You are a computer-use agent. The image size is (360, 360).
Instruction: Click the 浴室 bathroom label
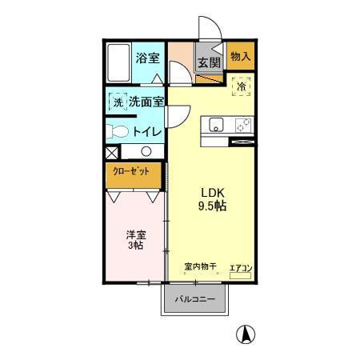click(149, 58)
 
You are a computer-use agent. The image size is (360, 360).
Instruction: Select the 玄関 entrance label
click(209, 62)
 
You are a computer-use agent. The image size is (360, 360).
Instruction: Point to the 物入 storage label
click(240, 56)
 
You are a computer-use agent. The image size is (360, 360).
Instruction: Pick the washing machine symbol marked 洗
click(118, 102)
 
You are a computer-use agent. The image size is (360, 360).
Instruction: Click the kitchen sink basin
click(215, 124)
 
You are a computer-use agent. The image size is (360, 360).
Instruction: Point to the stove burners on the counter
click(242, 124)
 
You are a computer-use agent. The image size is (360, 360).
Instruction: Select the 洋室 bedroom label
click(134, 235)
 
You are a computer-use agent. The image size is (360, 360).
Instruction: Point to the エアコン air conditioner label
click(242, 267)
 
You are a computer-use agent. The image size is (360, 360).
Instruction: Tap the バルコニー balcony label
click(195, 298)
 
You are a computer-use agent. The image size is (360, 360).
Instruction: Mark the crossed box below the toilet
click(111, 151)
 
